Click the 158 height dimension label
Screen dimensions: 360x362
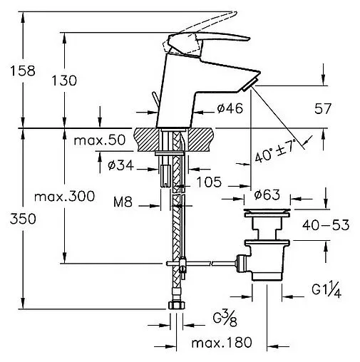click(23, 71)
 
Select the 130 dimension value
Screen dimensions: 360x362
click(64, 81)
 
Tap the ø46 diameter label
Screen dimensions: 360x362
click(230, 108)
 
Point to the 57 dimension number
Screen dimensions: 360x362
click(322, 108)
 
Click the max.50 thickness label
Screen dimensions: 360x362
click(99, 140)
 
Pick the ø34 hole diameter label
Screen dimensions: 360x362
click(120, 165)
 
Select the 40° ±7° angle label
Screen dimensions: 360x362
click(276, 151)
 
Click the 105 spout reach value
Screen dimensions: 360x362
click(209, 182)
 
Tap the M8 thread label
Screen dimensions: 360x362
click(123, 202)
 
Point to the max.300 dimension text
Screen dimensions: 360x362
click(64, 197)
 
